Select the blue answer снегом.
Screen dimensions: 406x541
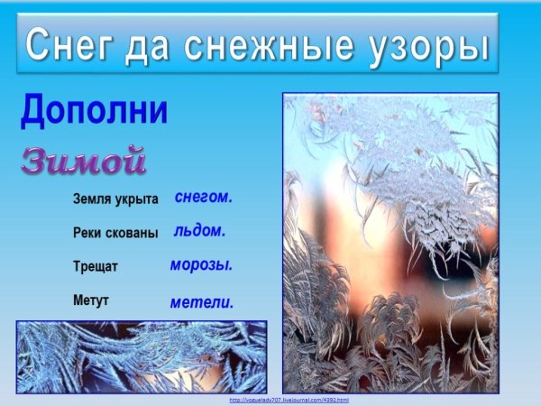pyautogui.click(x=203, y=196)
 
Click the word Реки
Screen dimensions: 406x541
pyautogui.click(x=87, y=233)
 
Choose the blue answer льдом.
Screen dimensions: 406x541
pyautogui.click(x=199, y=230)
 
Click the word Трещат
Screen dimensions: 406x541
pyautogui.click(x=96, y=267)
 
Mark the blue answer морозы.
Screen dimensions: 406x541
pyautogui.click(x=201, y=265)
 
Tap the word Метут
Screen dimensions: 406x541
pyautogui.click(x=91, y=300)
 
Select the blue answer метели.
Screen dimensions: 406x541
pyautogui.click(x=201, y=303)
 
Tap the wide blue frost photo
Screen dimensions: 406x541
pyautogui.click(x=142, y=356)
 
